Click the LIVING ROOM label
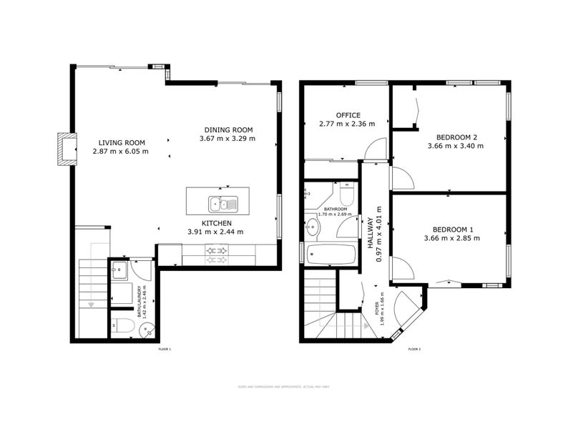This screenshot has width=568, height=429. pyautogui.click(x=120, y=142)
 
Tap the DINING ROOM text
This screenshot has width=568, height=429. pyautogui.click(x=227, y=129)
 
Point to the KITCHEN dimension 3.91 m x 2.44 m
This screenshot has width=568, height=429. pyautogui.click(x=215, y=232)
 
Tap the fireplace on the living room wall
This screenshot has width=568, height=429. pyautogui.click(x=67, y=149)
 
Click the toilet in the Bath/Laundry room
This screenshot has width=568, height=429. pyautogui.click(x=122, y=327)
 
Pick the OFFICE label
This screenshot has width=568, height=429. pyautogui.click(x=348, y=115)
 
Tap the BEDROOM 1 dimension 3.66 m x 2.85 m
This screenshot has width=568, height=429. pyautogui.click(x=451, y=238)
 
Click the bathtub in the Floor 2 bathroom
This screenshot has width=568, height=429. pyautogui.click(x=330, y=255)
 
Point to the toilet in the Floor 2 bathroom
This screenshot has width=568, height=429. pyautogui.click(x=346, y=194)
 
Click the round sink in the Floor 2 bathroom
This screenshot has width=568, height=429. pyautogui.click(x=313, y=228)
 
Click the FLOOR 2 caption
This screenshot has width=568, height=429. pyautogui.click(x=414, y=349)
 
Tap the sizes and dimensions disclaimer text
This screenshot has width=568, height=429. pyautogui.click(x=283, y=388)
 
